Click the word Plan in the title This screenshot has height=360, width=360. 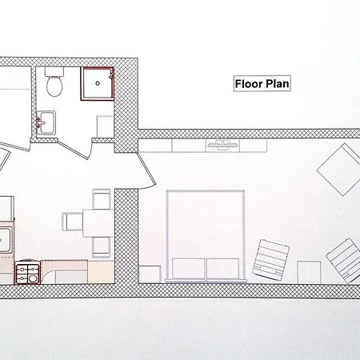(276, 82)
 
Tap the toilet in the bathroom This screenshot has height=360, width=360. (54, 83)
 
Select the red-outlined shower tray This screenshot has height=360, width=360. (97, 82)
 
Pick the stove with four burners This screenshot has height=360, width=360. (26, 272)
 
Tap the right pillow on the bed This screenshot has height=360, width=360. (223, 270)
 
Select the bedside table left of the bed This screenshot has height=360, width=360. (150, 274)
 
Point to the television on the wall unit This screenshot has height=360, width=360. (222, 145)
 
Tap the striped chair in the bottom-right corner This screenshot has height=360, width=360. (342, 258)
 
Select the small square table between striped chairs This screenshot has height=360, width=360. (306, 271)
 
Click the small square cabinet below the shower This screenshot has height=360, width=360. (104, 127)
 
